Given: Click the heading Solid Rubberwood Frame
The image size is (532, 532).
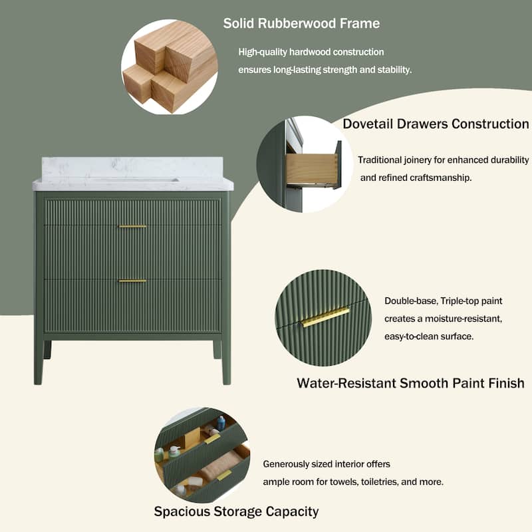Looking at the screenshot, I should point(301,23).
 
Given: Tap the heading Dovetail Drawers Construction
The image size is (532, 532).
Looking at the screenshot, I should point(436,124).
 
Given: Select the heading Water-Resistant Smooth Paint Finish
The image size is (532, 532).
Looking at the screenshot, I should point(410,383).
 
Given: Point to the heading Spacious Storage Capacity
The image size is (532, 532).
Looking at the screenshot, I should point(236,511).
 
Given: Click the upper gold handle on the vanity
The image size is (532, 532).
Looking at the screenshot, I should point(132,227).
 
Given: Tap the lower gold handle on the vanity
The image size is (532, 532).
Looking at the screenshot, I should point(132,281).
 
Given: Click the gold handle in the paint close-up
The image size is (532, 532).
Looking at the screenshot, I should point(325,317).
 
